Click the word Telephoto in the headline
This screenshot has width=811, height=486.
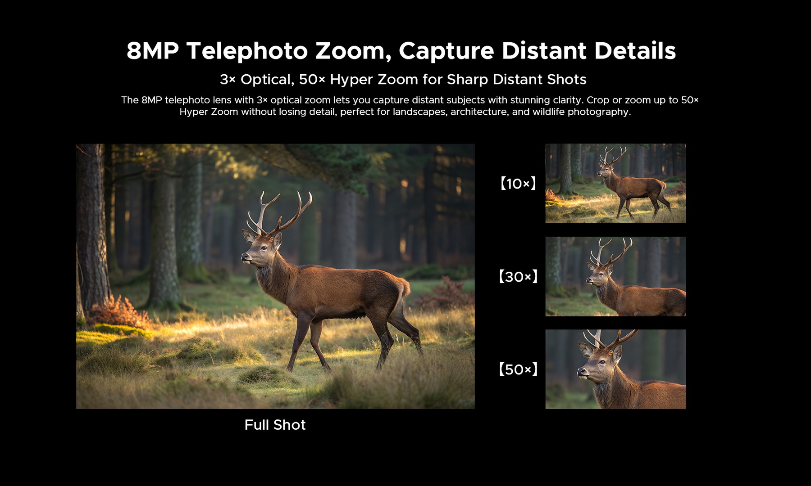(247, 51)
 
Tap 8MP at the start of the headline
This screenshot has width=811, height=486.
(153, 51)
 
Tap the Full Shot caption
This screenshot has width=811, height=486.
(275, 425)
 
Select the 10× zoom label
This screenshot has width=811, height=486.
(518, 184)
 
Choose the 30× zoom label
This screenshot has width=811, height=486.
(518, 276)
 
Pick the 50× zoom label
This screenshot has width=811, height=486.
(518, 369)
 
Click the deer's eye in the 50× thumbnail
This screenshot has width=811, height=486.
(602, 362)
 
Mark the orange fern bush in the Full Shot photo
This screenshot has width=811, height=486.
(118, 312)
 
